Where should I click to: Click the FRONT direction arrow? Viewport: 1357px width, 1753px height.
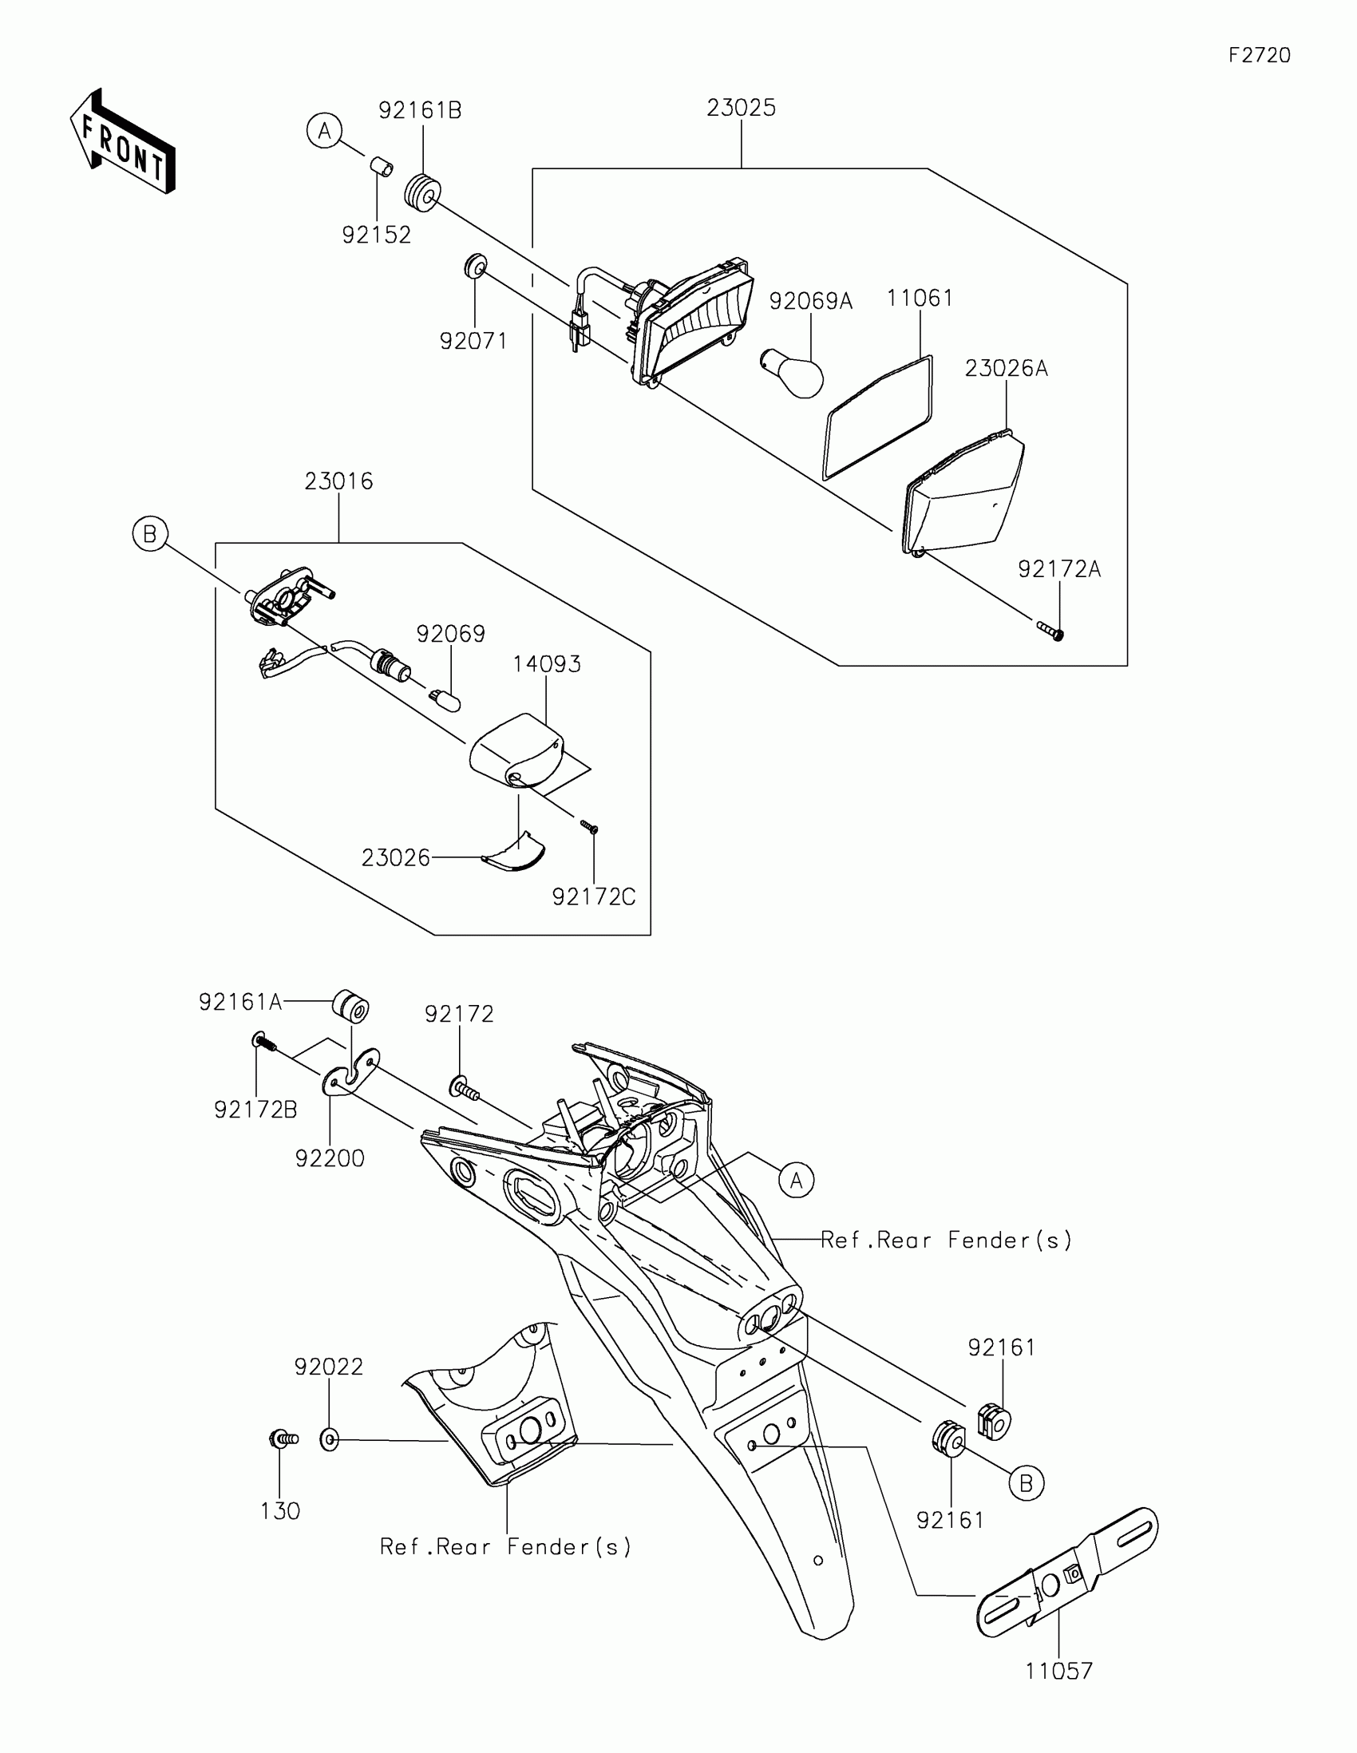click(x=122, y=142)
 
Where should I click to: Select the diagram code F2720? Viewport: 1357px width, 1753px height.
click(x=1259, y=55)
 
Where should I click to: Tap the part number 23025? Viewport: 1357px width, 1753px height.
click(x=741, y=109)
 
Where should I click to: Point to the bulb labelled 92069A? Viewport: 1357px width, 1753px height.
click(x=793, y=373)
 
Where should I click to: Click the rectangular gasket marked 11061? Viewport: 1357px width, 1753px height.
click(x=879, y=418)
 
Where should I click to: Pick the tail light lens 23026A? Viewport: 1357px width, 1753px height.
click(x=963, y=493)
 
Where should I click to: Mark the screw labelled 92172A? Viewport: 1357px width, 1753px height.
click(x=1050, y=630)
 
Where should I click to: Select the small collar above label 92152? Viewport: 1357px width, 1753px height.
click(x=382, y=168)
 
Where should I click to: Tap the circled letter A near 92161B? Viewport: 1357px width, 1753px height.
click(x=324, y=131)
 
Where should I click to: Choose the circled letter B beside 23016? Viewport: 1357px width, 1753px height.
click(x=150, y=534)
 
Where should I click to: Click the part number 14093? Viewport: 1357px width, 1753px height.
click(x=547, y=665)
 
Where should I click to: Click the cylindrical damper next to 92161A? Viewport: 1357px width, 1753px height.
click(x=351, y=1007)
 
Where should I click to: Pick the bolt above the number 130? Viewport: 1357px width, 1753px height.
click(x=283, y=1439)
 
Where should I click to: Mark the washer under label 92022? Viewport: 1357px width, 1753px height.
click(x=329, y=1440)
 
